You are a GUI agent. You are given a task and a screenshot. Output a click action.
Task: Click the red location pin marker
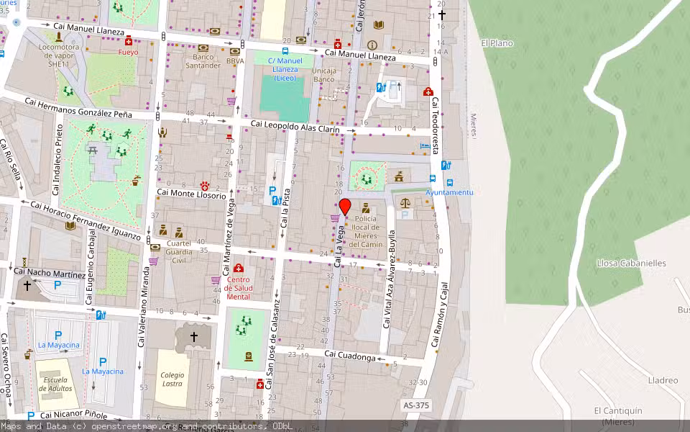(x=344, y=207)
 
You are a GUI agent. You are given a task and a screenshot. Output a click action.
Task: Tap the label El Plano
(x=497, y=43)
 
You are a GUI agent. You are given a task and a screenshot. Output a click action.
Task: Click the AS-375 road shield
(x=416, y=406)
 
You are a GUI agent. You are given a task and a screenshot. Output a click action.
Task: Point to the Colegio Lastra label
(x=172, y=379)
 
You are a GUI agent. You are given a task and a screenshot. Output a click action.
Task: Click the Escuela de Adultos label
(x=55, y=384)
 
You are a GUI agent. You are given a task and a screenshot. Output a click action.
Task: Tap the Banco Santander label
(x=203, y=61)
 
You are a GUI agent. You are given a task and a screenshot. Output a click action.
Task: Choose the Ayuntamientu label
(x=449, y=193)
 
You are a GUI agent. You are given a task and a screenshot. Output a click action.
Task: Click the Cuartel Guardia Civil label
(x=179, y=248)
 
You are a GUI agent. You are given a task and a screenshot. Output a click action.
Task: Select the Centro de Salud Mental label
(x=239, y=288)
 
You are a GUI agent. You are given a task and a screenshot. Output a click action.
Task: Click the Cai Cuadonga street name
(x=349, y=355)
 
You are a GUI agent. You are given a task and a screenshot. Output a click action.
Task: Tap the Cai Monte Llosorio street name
(x=191, y=195)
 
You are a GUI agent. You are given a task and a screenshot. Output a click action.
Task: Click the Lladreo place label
(x=663, y=380)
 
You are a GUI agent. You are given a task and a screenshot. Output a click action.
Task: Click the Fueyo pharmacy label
(x=129, y=52)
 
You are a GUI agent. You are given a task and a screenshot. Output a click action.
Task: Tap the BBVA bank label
(x=235, y=62)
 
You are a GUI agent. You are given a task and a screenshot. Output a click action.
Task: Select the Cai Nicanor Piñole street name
(x=74, y=415)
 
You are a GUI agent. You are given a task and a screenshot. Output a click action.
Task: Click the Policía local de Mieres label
(x=366, y=231)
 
